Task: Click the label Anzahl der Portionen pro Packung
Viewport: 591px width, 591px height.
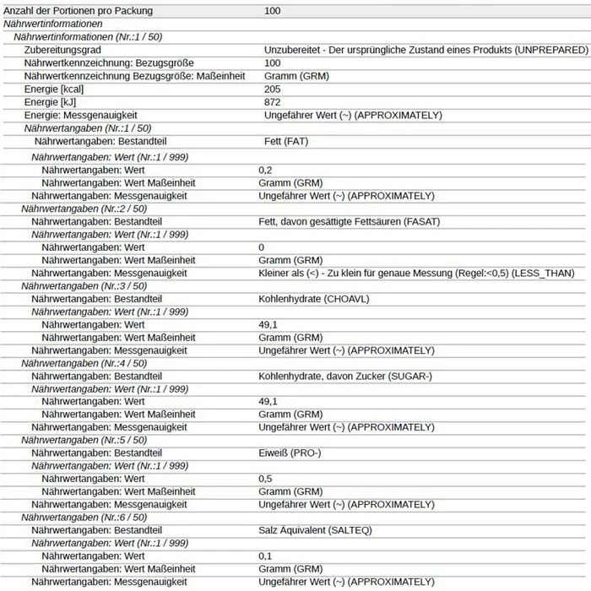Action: [x=77, y=11]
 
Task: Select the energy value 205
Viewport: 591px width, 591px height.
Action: [x=272, y=89]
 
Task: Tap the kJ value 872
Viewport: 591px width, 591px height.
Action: [x=272, y=102]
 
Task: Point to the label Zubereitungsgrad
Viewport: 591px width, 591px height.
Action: [x=63, y=50]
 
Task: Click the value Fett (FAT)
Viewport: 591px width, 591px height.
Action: [x=286, y=142]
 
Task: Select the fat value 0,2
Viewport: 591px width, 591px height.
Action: [x=266, y=170]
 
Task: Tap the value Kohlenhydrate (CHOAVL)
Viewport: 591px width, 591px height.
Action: [x=314, y=299]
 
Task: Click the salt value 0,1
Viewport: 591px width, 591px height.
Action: [x=266, y=556]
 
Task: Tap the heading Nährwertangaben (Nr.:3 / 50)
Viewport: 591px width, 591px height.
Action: [x=84, y=286]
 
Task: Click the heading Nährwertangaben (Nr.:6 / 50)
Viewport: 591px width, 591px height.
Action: [x=84, y=518]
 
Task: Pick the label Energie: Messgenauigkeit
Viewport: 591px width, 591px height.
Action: [x=81, y=115]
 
